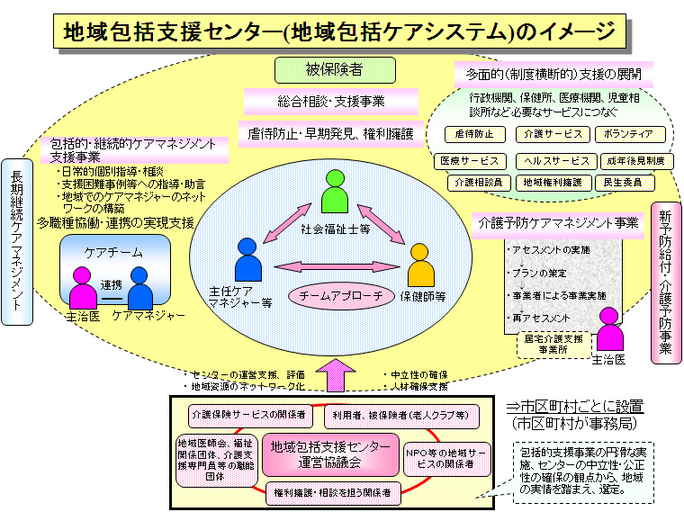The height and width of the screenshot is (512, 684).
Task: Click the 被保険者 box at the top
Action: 333,69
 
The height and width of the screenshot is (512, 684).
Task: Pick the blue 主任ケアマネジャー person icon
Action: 247,262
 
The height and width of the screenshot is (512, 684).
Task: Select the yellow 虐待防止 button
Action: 475,135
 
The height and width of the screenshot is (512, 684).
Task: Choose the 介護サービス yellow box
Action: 552,135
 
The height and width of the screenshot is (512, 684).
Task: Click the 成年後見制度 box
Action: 635,160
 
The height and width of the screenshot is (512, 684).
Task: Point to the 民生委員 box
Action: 622,183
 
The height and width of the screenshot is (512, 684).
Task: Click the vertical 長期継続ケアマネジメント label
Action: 16,241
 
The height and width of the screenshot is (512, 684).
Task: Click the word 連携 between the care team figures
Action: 112,284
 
